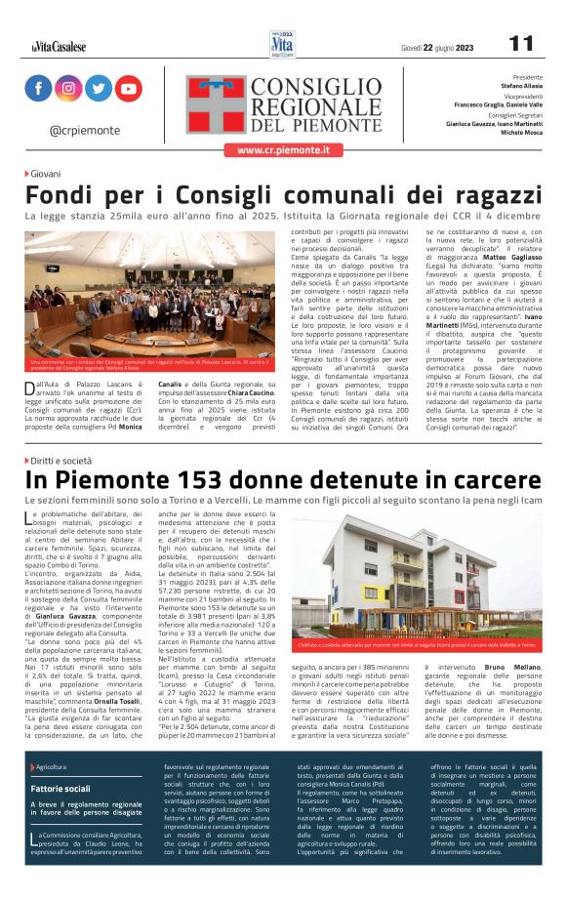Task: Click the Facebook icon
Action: pyautogui.click(x=38, y=88)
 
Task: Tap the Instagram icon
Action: pyautogui.click(x=68, y=88)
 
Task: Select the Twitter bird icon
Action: pyautogui.click(x=99, y=88)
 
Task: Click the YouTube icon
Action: pyautogui.click(x=129, y=88)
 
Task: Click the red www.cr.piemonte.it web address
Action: pyautogui.click(x=283, y=150)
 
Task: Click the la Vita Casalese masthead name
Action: pyautogui.click(x=58, y=46)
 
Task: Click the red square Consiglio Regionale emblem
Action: pyautogui.click(x=216, y=104)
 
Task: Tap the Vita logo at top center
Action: pyautogui.click(x=282, y=44)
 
